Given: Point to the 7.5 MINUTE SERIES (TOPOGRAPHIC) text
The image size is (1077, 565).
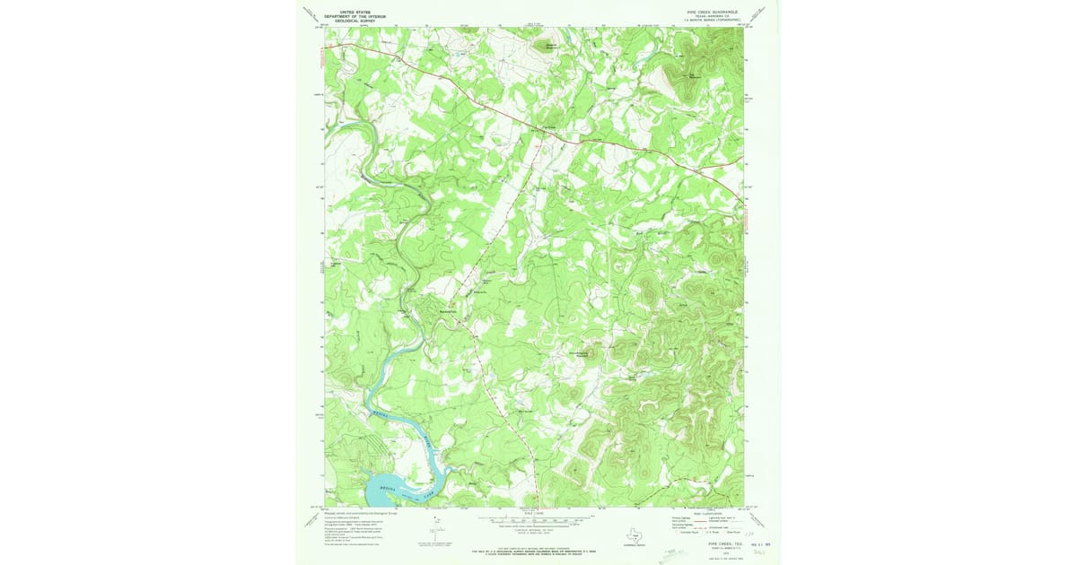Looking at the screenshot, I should [x=710, y=21].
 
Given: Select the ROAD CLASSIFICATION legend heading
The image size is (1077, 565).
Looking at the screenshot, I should [x=705, y=513].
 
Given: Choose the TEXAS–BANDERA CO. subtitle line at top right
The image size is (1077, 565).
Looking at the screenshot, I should [x=710, y=16].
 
